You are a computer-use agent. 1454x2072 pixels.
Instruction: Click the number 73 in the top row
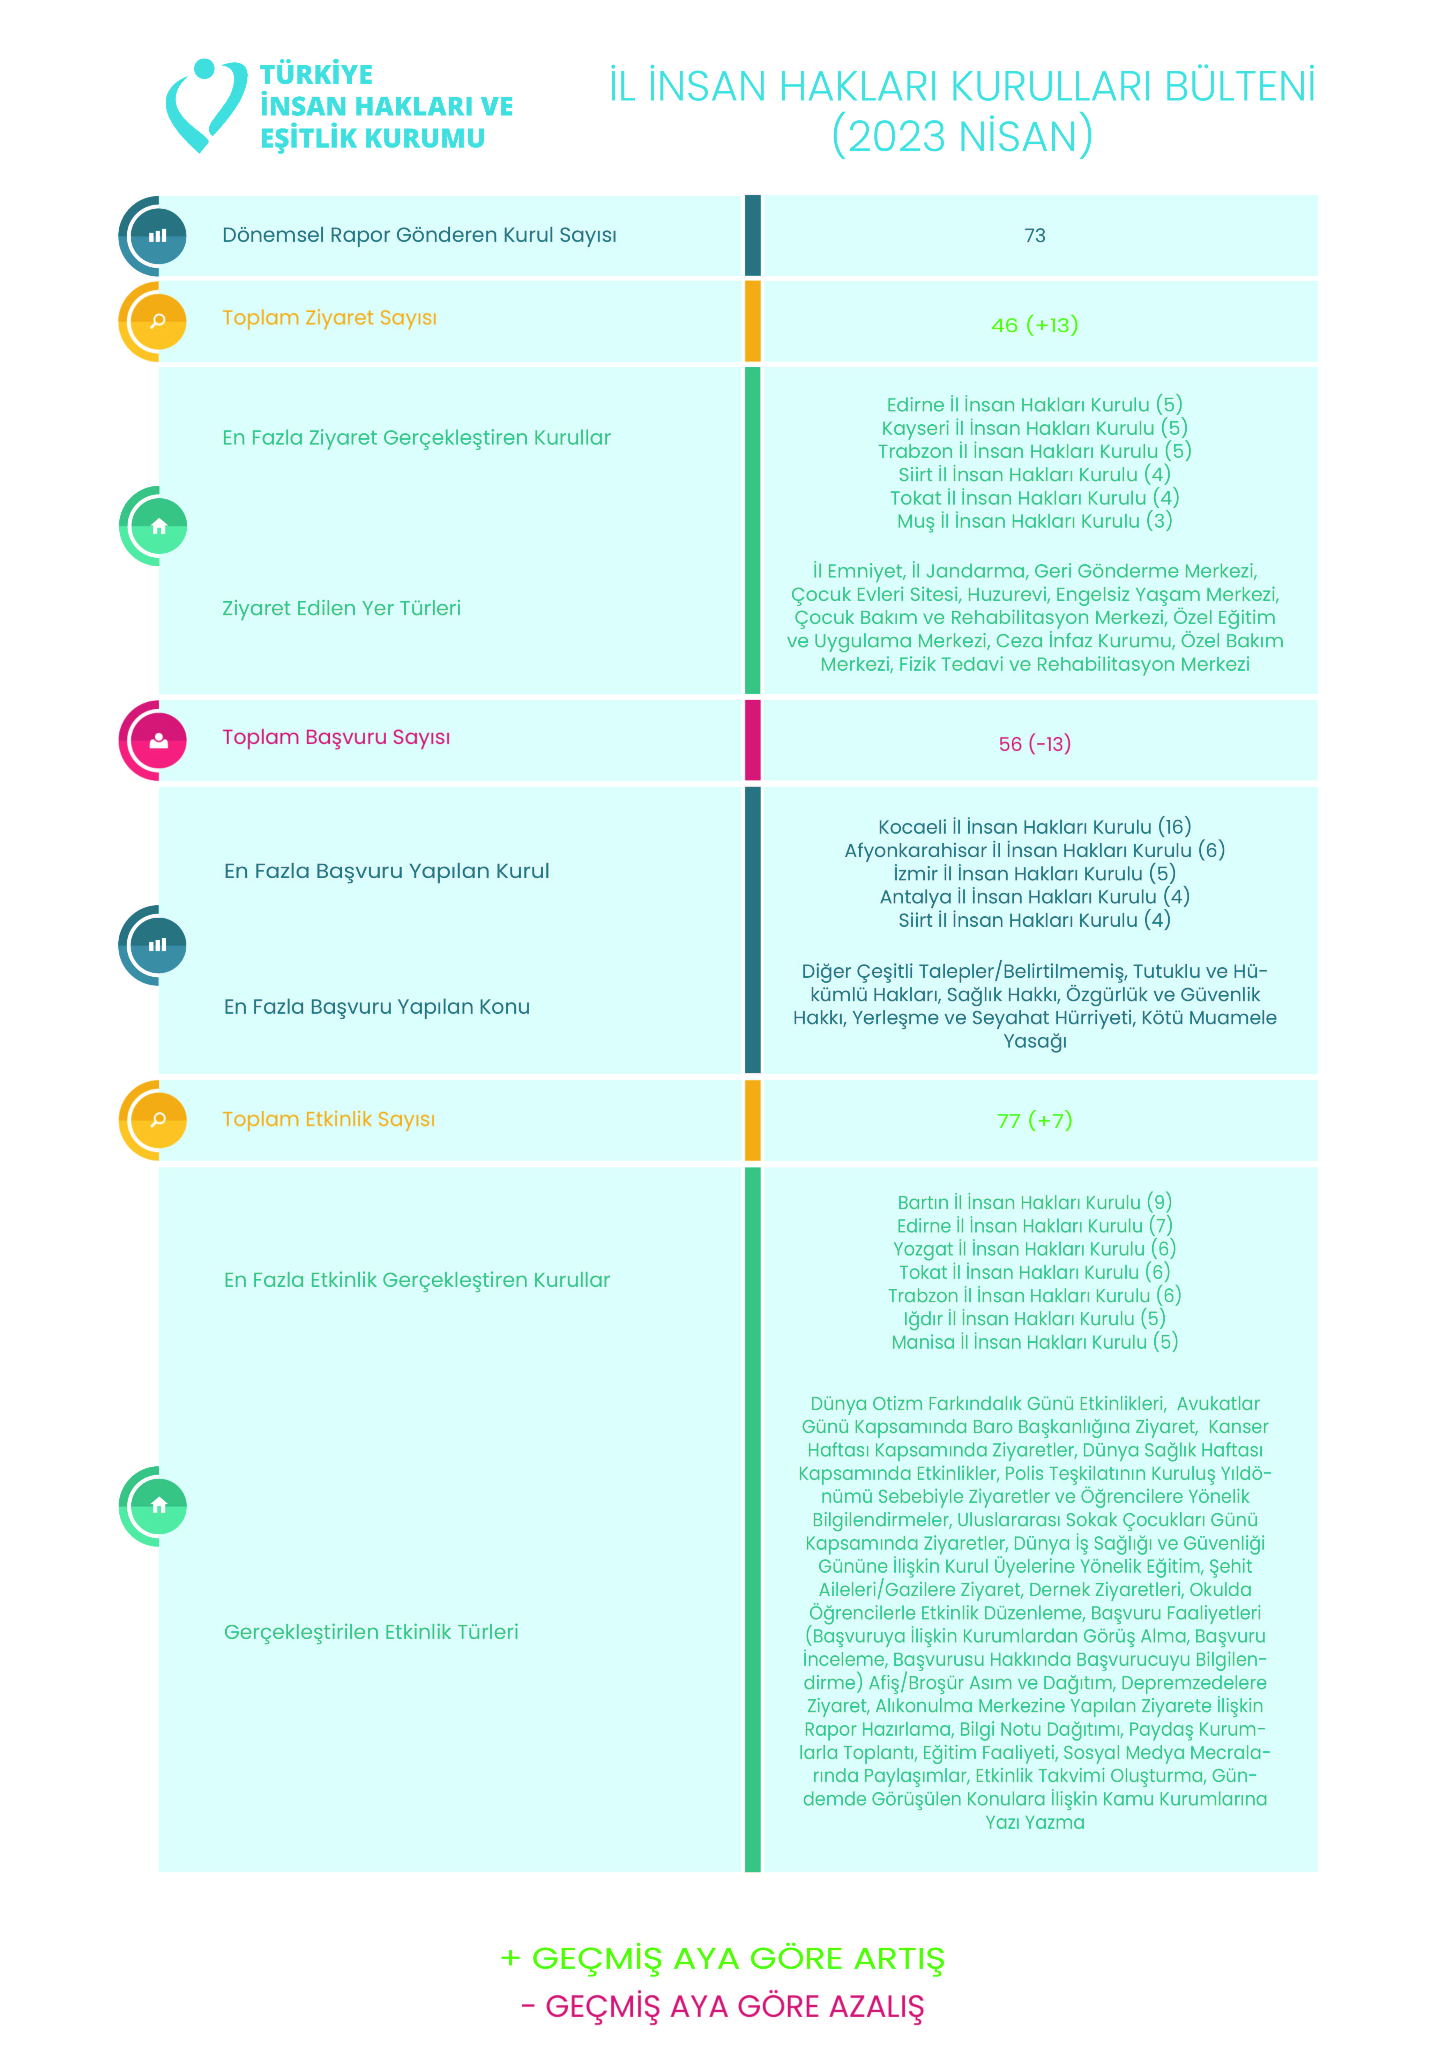click(1034, 236)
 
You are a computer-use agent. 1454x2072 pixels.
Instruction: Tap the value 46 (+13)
click(1034, 325)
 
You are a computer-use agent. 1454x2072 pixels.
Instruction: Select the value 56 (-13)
click(1034, 744)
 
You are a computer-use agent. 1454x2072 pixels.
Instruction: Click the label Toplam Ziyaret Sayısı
click(329, 318)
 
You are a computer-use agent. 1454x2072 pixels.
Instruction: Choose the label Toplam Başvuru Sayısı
click(336, 737)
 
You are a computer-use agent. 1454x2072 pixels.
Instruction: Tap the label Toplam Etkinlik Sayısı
click(329, 1119)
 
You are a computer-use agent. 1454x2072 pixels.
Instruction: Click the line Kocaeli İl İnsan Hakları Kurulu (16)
click(1034, 827)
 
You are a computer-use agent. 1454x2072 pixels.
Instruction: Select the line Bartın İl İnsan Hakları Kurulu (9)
click(1034, 1202)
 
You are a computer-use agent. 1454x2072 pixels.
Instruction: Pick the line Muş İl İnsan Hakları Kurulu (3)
click(1034, 521)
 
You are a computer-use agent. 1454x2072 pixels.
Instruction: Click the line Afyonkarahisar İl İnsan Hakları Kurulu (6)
click(1034, 850)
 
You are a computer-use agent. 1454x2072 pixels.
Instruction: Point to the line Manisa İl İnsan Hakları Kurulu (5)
click(1034, 1342)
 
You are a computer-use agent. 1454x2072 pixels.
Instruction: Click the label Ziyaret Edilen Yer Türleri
click(341, 608)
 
